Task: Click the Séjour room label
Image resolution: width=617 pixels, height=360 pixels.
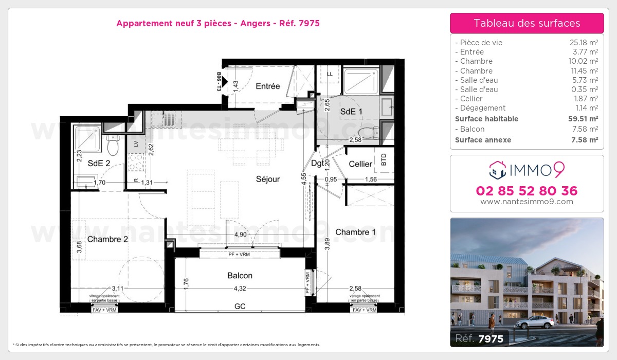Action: [x=268, y=179]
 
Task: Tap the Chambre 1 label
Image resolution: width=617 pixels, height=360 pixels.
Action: [x=355, y=232]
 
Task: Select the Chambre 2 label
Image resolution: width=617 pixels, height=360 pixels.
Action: [x=107, y=239]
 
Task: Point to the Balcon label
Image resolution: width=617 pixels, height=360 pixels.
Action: [x=240, y=276]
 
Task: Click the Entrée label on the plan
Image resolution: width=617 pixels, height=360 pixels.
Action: [x=267, y=86]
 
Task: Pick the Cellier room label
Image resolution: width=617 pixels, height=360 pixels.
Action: [x=360, y=164]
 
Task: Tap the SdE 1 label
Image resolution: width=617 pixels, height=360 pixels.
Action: [x=351, y=112]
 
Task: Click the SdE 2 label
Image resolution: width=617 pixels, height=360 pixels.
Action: [x=99, y=164]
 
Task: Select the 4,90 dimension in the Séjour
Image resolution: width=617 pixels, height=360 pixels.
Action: [x=240, y=235]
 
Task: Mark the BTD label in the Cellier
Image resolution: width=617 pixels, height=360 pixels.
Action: [x=384, y=160]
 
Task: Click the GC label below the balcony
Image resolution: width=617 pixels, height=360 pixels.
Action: [x=240, y=306]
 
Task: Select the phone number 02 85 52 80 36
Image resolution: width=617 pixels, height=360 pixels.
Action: [x=527, y=191]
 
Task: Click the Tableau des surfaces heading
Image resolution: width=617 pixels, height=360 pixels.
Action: [x=527, y=23]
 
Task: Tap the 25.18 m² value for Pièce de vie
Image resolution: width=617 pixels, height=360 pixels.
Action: [x=586, y=43]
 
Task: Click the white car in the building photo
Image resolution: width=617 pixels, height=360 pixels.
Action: [x=535, y=322]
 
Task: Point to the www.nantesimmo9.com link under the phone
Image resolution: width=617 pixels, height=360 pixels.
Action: [x=527, y=202]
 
